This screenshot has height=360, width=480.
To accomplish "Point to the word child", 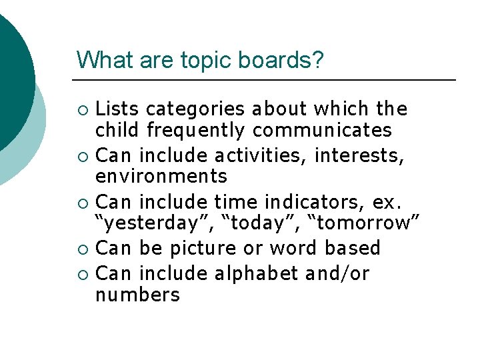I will click(x=117, y=129).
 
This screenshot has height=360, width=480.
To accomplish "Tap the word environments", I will click(x=161, y=177).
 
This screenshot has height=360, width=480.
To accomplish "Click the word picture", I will click(x=205, y=249).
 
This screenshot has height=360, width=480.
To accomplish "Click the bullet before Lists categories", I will click(x=82, y=109).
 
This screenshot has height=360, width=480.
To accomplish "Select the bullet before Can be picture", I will click(x=82, y=249).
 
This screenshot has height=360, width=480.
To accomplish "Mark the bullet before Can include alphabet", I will click(x=82, y=275).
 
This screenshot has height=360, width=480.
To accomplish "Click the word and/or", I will click(x=338, y=274).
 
